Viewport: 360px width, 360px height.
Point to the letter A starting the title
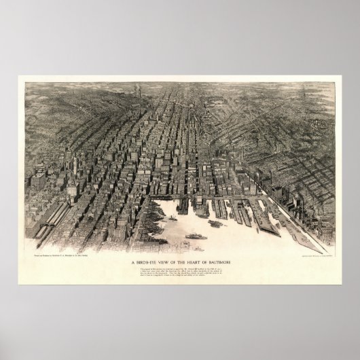[x=130, y=262]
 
